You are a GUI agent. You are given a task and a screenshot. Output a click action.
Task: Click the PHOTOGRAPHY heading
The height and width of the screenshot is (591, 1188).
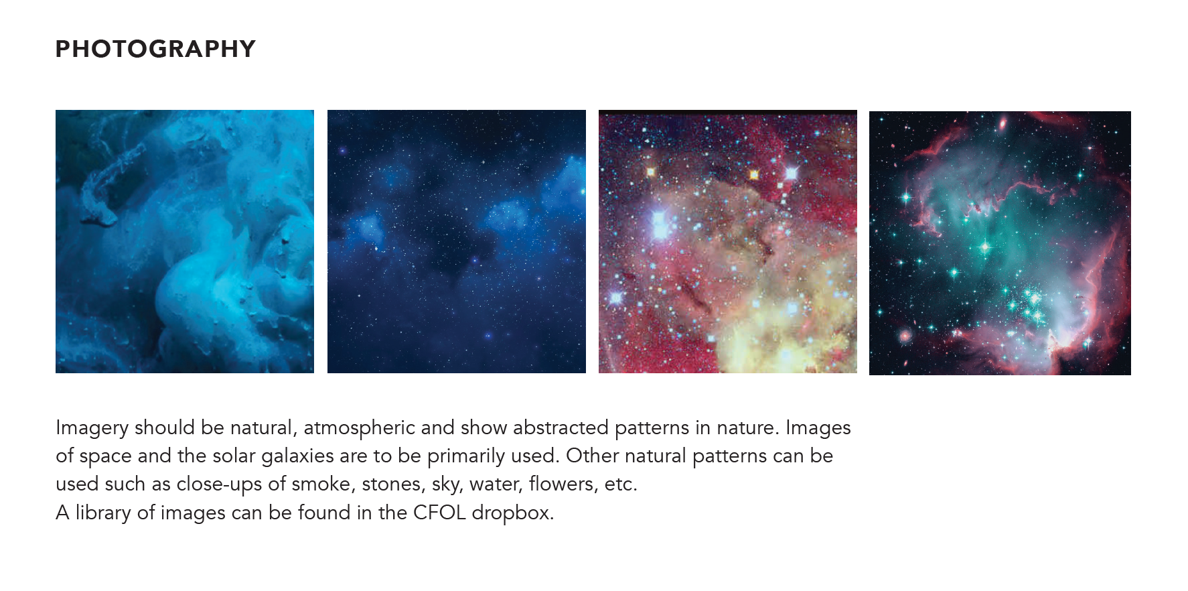click(155, 49)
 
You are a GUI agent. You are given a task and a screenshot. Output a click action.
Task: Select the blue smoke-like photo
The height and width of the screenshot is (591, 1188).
click(185, 241)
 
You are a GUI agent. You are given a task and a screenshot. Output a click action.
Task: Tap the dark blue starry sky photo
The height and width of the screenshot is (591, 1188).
click(457, 241)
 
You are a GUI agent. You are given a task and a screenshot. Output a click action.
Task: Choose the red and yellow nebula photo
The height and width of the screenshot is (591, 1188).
click(728, 241)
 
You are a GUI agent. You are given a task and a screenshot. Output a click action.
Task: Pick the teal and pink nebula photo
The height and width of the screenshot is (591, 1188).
click(1000, 243)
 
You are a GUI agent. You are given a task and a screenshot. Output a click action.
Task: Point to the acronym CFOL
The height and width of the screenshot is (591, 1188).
click(439, 513)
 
